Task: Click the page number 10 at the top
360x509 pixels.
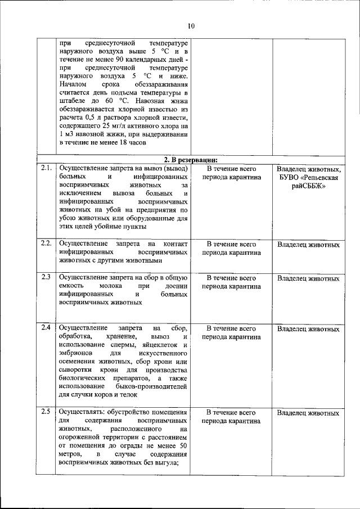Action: pyautogui.click(x=191, y=26)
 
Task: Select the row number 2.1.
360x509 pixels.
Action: pyautogui.click(x=46, y=168)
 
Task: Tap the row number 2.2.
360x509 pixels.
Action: pyautogui.click(x=46, y=244)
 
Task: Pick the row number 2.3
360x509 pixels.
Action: pyautogui.click(x=46, y=277)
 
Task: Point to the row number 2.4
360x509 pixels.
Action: pyautogui.click(x=46, y=327)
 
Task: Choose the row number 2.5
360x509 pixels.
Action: pyautogui.click(x=46, y=412)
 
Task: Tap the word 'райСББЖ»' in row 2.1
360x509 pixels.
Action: pyautogui.click(x=308, y=187)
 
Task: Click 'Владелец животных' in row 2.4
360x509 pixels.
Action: pyautogui.click(x=308, y=329)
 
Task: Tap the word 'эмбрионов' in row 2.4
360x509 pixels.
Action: pyautogui.click(x=76, y=353)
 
